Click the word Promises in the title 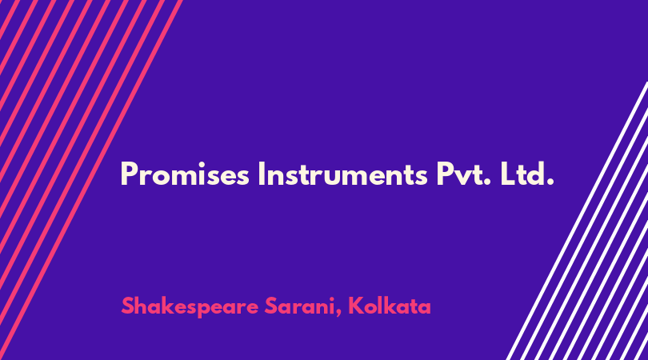tap(185, 174)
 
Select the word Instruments tap(342, 174)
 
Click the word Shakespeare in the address tap(190, 306)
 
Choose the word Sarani tap(300, 306)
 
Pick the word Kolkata tap(390, 306)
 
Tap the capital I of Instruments tap(261, 174)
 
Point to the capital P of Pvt tap(445, 174)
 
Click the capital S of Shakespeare tap(128, 306)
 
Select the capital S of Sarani tap(271, 306)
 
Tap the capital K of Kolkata tap(355, 306)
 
